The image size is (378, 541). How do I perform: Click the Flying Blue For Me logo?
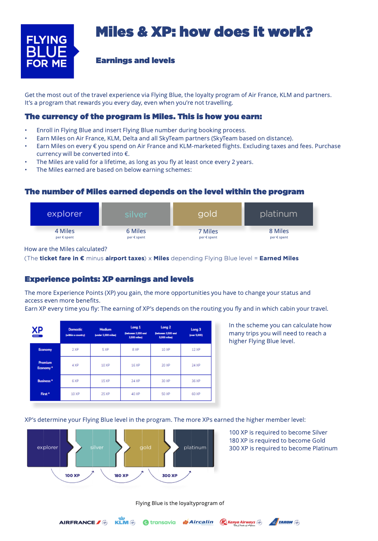(47, 51)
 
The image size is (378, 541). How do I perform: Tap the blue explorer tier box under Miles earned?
(65, 214)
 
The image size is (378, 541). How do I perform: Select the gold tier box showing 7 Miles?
(207, 214)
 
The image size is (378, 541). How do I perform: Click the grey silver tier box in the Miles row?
(136, 214)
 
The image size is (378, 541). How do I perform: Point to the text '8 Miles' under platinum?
(279, 231)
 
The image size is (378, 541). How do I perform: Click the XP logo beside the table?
(37, 331)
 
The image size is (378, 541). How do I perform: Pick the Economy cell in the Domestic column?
(75, 349)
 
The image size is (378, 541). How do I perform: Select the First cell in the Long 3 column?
(196, 394)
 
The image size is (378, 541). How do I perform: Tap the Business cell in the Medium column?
(105, 381)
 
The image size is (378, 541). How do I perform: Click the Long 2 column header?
(166, 332)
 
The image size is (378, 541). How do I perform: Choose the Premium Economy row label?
(45, 365)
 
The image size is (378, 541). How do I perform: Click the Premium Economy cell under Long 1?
(136, 365)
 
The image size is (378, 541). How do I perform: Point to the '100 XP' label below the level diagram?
(72, 475)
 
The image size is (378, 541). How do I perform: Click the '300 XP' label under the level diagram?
(170, 475)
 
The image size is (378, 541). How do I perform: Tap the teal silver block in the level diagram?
(96, 448)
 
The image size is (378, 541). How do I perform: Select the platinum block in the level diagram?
(194, 448)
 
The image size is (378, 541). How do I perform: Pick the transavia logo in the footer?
(159, 522)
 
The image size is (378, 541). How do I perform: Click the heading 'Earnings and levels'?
(135, 61)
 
